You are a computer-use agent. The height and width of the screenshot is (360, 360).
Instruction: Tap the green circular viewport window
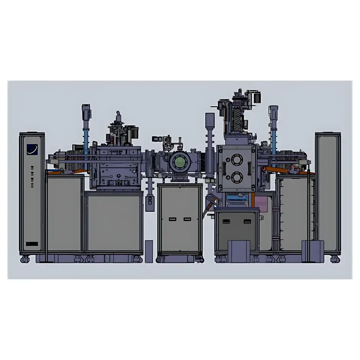pyautogui.click(x=179, y=163)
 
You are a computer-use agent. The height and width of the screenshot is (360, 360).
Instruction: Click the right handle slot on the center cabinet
pyautogui.click(x=186, y=219)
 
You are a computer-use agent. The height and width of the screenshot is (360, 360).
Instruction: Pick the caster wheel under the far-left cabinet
pyautogui.click(x=24, y=258)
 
